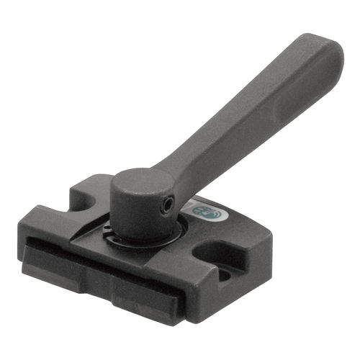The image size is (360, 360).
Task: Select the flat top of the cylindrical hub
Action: click(140, 184)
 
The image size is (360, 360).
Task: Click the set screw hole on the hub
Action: click(167, 207)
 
